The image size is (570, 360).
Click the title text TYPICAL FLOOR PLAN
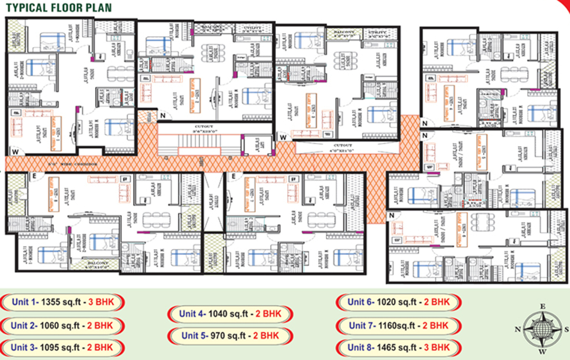tap(59, 8)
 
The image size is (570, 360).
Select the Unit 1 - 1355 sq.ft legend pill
tap(63, 302)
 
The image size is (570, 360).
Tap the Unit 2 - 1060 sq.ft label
tap(62, 326)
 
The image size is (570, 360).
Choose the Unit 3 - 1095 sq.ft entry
tap(62, 347)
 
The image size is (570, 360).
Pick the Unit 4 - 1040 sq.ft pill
tap(230, 314)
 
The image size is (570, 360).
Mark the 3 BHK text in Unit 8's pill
tap(437, 347)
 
